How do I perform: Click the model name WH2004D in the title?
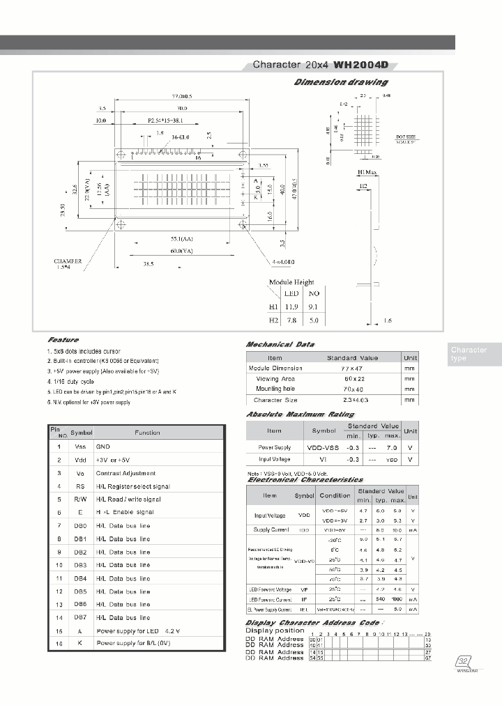[360, 65]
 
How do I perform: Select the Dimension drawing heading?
[341, 82]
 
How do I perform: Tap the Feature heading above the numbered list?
[63, 339]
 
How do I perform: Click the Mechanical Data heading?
[280, 344]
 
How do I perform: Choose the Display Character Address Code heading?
[313, 622]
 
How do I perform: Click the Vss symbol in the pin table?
[81, 447]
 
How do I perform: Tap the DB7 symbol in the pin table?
[81, 618]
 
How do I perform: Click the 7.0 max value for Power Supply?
[391, 447]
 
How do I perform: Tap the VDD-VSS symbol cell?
[324, 447]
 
